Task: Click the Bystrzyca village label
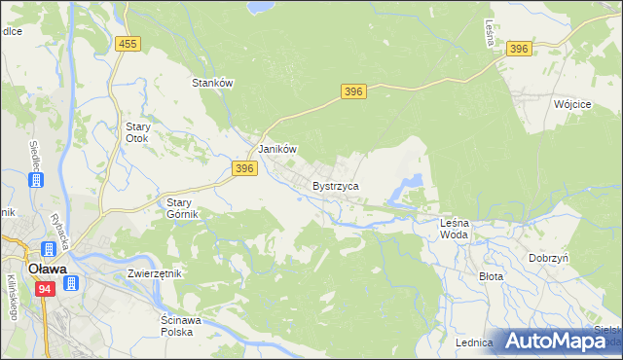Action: click(x=336, y=185)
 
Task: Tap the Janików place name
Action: click(x=275, y=150)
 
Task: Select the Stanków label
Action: click(x=213, y=84)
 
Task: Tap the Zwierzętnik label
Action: click(x=155, y=273)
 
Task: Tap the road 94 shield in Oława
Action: click(x=44, y=289)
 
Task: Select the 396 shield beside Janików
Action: click(x=244, y=168)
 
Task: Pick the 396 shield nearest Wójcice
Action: click(x=519, y=49)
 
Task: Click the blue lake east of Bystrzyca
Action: click(x=411, y=182)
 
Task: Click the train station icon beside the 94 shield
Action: click(x=71, y=283)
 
